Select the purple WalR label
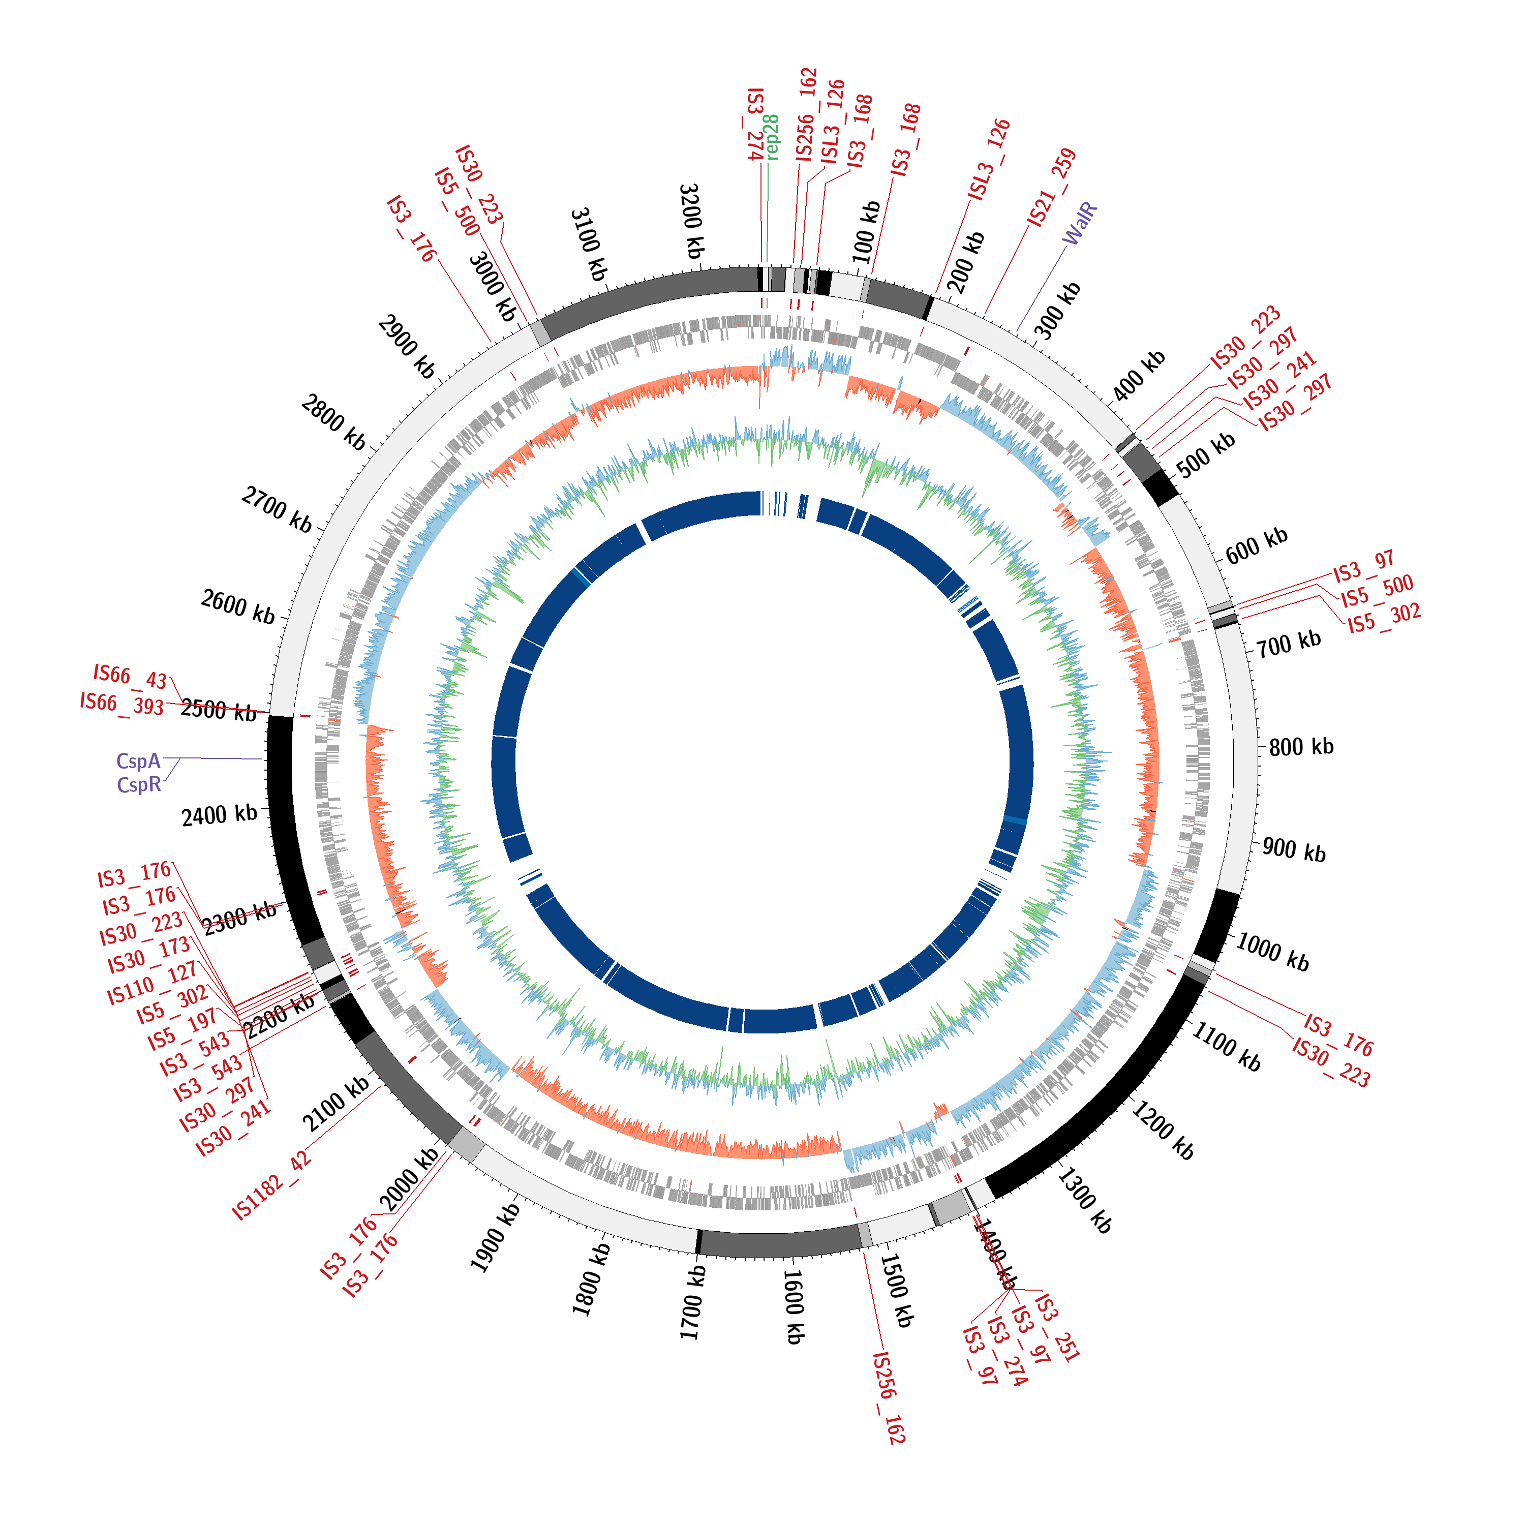coord(1080,223)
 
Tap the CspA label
coord(138,761)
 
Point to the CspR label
coord(139,784)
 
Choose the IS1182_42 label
coord(271,1185)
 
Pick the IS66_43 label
coord(130,677)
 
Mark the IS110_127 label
coord(151,984)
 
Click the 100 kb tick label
coord(866,232)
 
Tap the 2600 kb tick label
coord(237,606)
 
